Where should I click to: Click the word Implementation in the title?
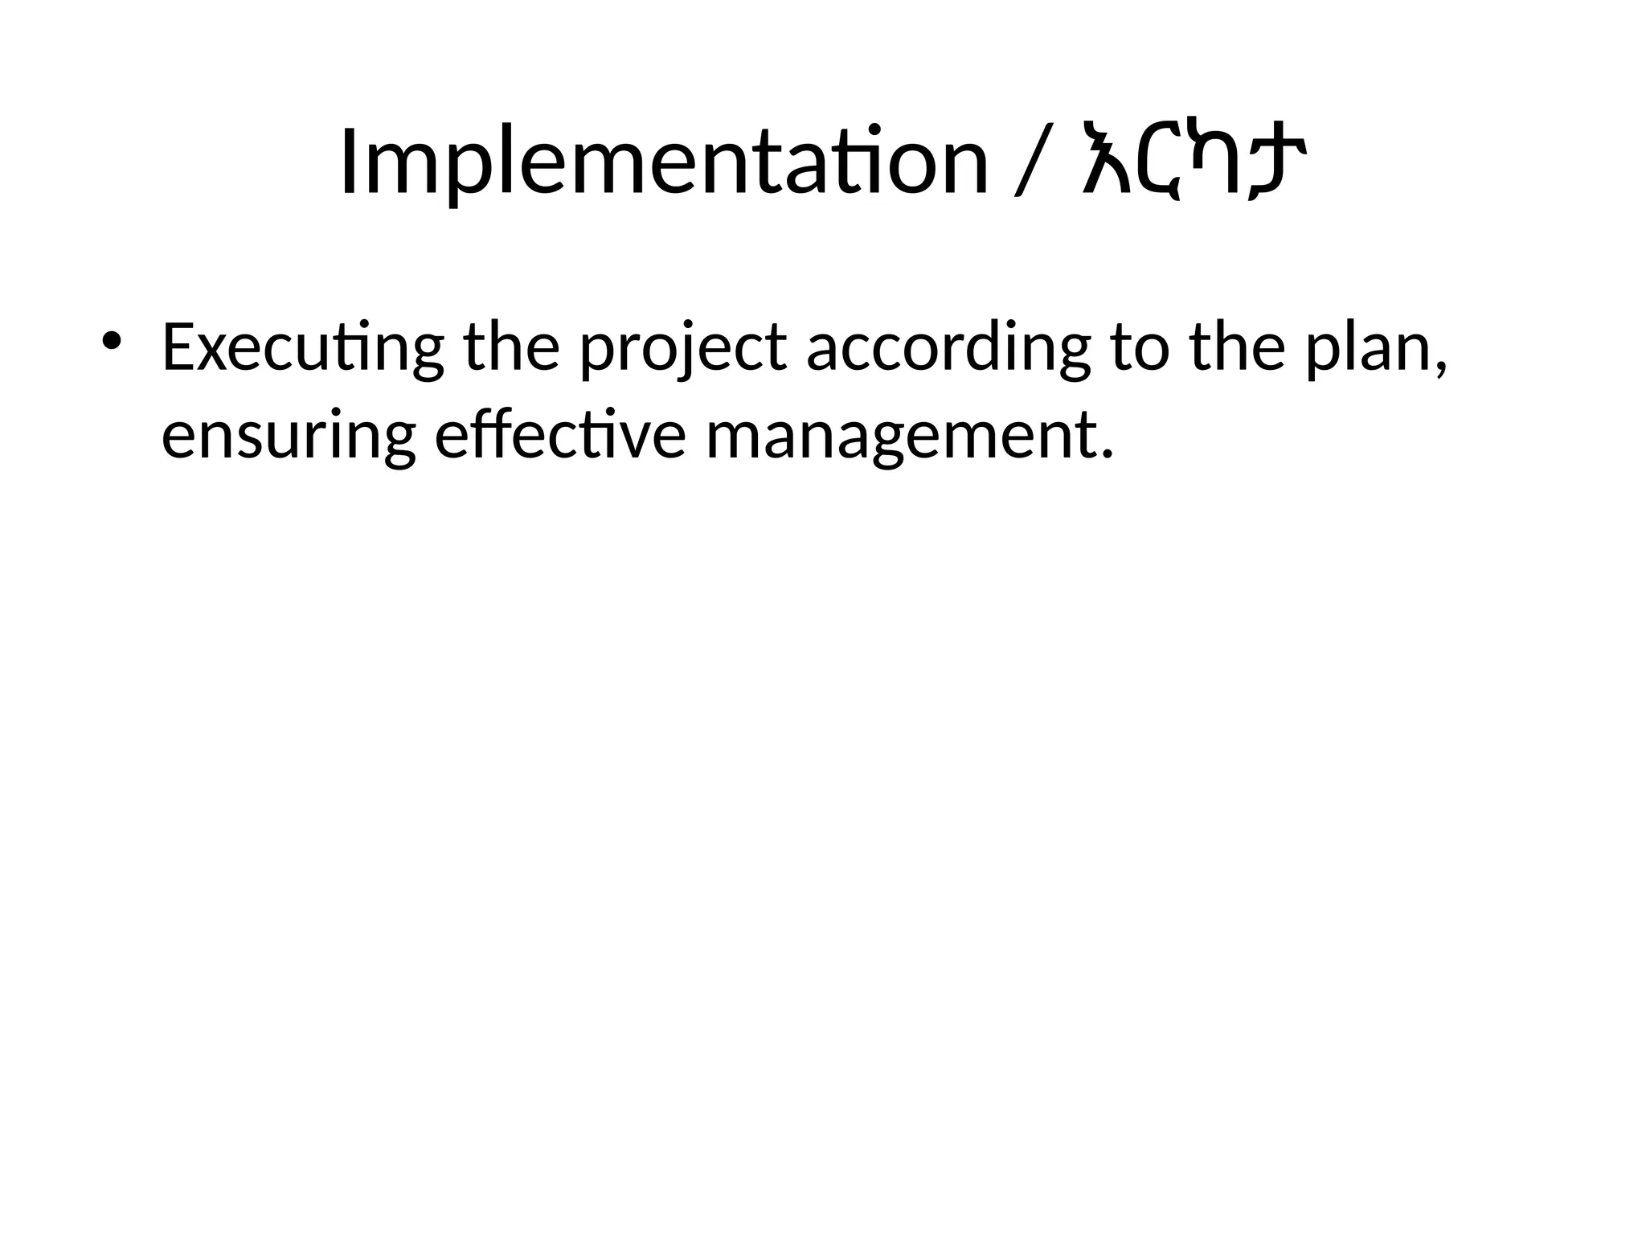pos(664,162)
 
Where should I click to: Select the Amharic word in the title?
pos(1194,162)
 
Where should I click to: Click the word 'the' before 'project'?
pos(511,347)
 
